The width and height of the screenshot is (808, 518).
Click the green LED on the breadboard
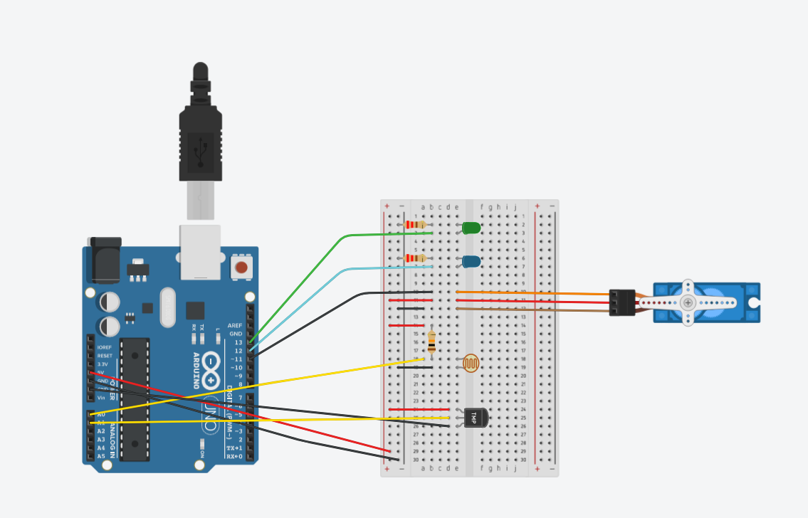click(x=471, y=228)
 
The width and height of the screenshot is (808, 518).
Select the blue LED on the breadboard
click(x=471, y=261)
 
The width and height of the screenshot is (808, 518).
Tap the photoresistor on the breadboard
click(x=471, y=363)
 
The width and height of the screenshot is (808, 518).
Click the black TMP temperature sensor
click(x=473, y=418)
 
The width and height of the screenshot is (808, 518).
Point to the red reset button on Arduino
click(x=241, y=268)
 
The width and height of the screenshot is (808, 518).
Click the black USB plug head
click(x=200, y=142)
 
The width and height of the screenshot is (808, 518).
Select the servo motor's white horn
click(x=688, y=302)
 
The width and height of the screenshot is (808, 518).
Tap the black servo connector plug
click(x=622, y=302)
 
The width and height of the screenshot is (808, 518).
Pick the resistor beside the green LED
click(x=415, y=225)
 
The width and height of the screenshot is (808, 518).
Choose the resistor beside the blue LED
click(x=415, y=258)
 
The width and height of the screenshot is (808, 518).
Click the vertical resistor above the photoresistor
click(x=432, y=342)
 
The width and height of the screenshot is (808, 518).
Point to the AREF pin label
click(x=235, y=325)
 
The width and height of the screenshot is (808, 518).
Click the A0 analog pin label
click(x=100, y=414)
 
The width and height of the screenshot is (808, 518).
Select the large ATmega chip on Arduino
click(x=135, y=398)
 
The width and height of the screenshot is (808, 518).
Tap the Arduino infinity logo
click(x=211, y=371)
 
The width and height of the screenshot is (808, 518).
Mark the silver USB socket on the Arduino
click(x=200, y=252)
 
